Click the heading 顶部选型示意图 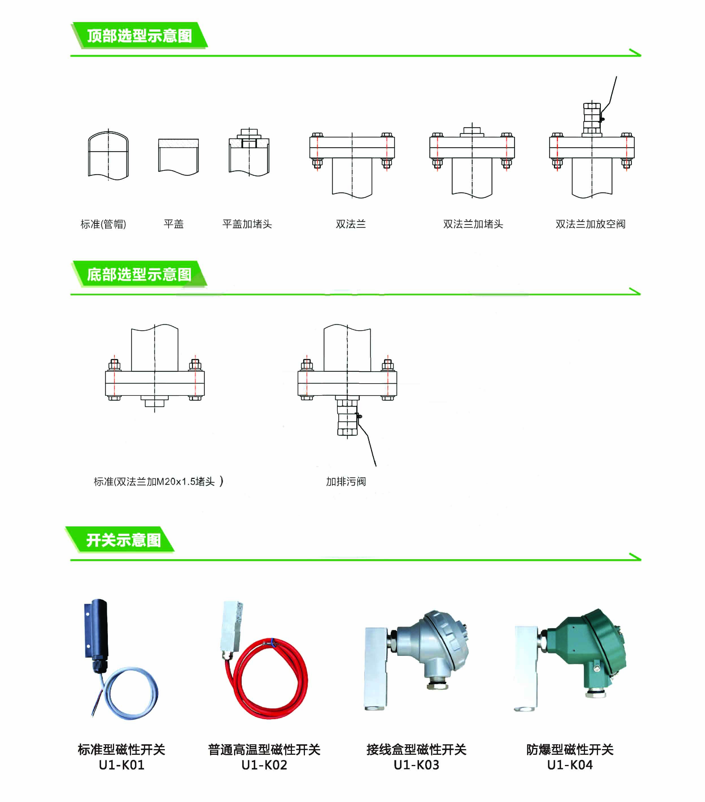tap(139, 36)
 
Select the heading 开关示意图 tap(123, 540)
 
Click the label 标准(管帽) tap(103, 224)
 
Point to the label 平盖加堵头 tap(247, 224)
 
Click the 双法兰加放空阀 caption tap(590, 224)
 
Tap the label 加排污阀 tap(346, 481)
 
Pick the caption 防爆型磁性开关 tap(570, 749)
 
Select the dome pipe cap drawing tap(108, 155)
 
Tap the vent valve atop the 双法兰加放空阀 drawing tap(592, 118)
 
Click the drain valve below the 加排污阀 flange tap(347, 418)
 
